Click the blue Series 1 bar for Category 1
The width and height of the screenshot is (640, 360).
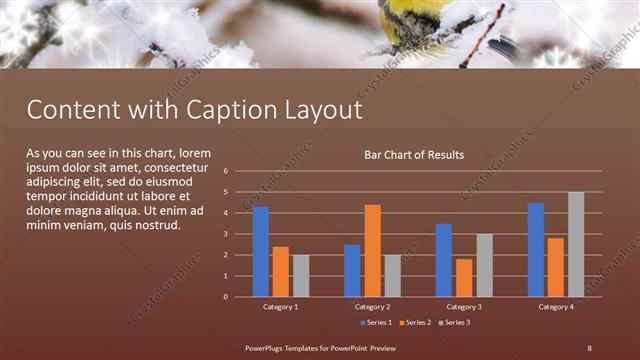point(261,252)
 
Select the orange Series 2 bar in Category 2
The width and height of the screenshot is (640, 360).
point(372,251)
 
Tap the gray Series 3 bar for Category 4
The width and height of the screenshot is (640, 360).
point(575,244)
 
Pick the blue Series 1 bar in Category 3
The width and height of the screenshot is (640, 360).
point(444,260)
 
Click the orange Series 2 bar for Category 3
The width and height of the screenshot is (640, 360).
point(464,278)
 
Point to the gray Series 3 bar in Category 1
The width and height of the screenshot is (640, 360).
point(301,276)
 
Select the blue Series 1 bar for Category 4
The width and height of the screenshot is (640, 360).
point(536,250)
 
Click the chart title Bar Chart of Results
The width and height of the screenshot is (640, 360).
point(414,155)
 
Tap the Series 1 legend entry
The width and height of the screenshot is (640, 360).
point(377,323)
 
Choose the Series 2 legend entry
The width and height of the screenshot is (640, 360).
point(415,323)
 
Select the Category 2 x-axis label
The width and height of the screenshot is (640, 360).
point(372,306)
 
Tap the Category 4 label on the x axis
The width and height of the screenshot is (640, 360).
point(556,306)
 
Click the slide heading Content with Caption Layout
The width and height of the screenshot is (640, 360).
point(194,108)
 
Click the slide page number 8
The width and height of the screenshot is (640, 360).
point(589,347)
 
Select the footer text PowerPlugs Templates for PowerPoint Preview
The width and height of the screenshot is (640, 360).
point(321,347)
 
